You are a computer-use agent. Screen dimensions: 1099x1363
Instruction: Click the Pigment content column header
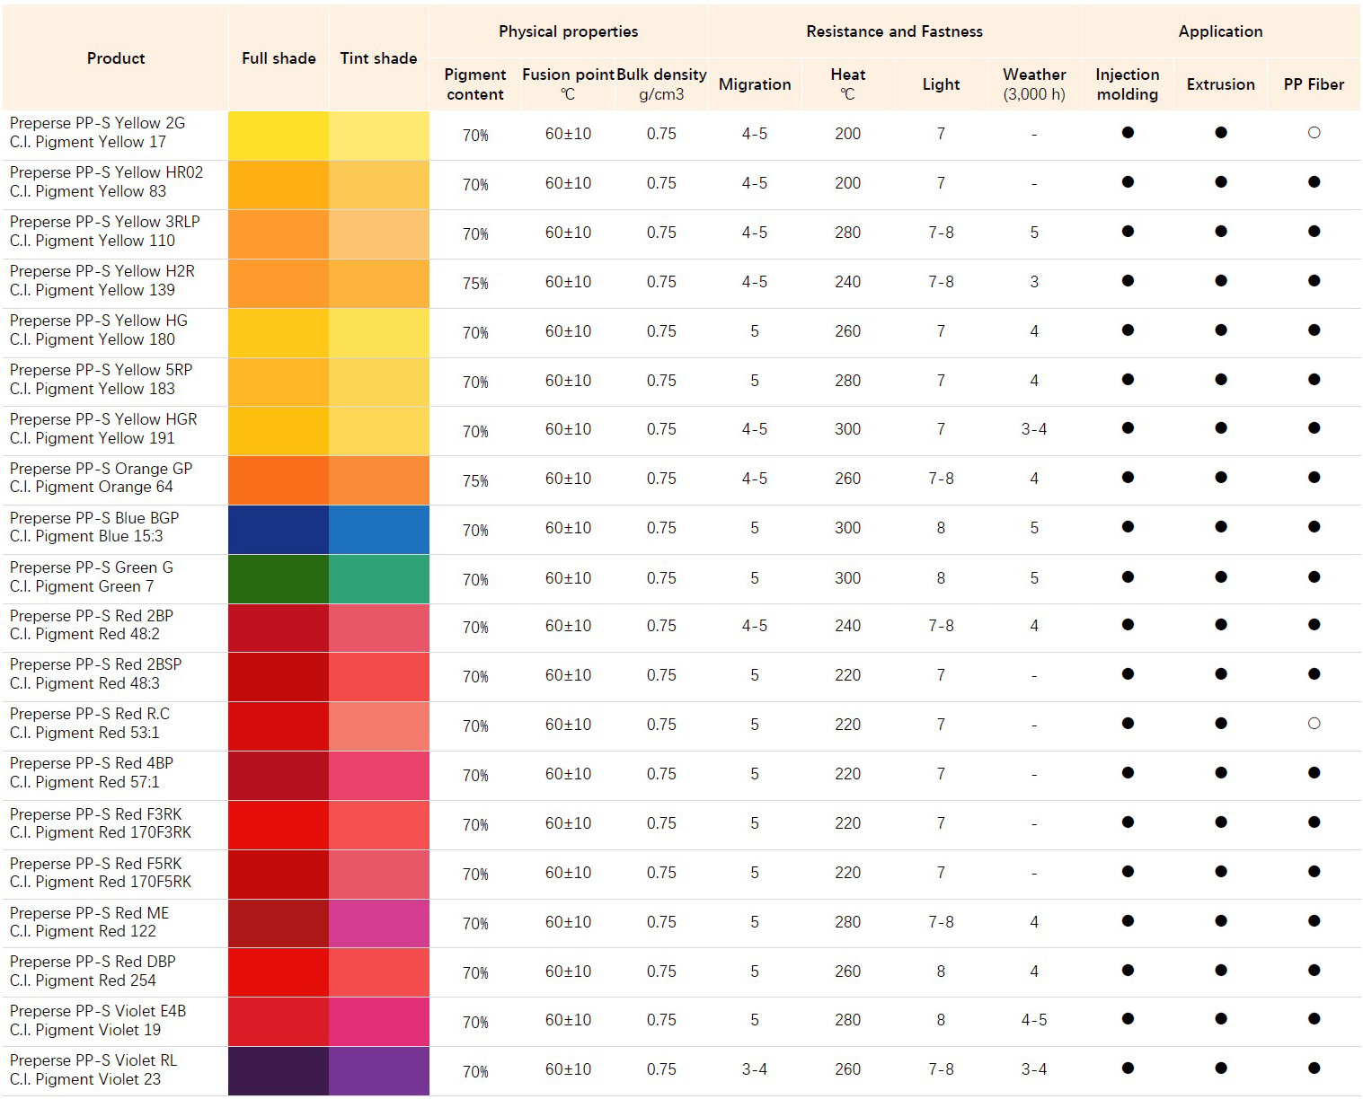[475, 84]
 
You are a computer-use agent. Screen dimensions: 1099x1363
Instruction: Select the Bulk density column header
[661, 84]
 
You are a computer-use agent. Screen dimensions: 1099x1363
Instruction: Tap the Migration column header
[755, 84]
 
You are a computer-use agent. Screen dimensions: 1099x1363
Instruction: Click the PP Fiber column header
[1314, 84]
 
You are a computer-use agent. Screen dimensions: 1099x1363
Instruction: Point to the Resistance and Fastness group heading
[894, 31]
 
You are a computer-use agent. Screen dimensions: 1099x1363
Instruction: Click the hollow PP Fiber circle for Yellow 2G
[1314, 133]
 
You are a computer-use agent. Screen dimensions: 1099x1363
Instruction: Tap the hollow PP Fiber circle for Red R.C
[1314, 724]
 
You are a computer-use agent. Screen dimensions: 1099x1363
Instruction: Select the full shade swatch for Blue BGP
[279, 529]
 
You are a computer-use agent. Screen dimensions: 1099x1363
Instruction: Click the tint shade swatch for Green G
[378, 578]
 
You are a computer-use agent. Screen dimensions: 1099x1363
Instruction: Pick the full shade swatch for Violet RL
[279, 1070]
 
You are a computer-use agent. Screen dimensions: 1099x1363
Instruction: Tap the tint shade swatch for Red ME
[378, 923]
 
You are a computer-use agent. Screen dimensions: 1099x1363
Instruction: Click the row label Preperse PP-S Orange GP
[101, 469]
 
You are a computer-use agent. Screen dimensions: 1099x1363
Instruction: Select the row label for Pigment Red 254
[83, 980]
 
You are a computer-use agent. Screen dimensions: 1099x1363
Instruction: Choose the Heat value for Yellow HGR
[847, 429]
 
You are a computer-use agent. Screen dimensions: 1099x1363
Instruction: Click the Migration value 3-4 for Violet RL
[755, 1069]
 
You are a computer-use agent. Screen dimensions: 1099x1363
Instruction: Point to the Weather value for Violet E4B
[1034, 1020]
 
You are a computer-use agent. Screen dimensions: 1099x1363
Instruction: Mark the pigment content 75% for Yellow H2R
[475, 283]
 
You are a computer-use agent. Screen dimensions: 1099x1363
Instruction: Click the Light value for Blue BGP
[941, 528]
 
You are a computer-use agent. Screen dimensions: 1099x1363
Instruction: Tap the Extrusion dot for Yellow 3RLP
[1220, 232]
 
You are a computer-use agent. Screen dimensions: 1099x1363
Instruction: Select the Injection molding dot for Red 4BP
[1128, 773]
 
